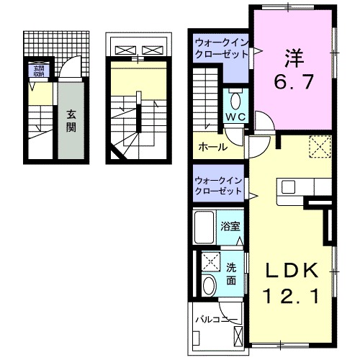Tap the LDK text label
pyautogui.click(x=293, y=271)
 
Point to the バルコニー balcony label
pyautogui.click(x=217, y=317)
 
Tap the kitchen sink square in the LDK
pyautogui.click(x=289, y=186)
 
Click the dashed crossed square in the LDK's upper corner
pyautogui.click(x=319, y=147)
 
